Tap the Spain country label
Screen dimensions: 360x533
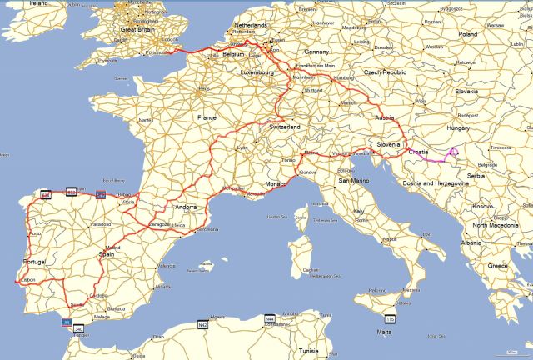(107, 253)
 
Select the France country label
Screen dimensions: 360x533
(206, 118)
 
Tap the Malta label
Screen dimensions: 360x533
(384, 332)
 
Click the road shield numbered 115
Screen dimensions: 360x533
(390, 319)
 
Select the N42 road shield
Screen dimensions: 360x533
(202, 323)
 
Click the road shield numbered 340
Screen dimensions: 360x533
(79, 330)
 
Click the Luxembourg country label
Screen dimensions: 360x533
(259, 72)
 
